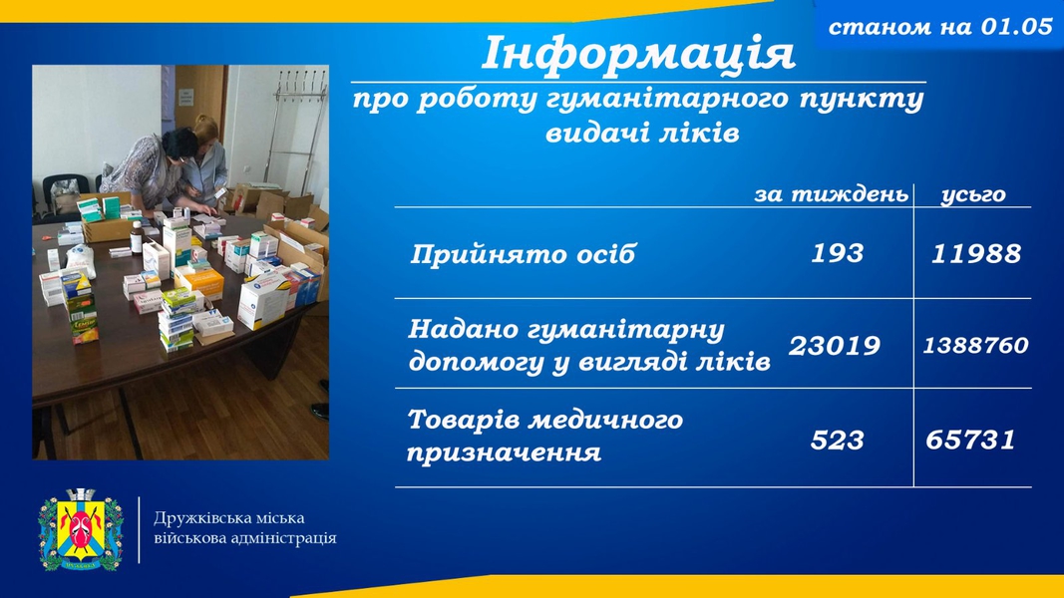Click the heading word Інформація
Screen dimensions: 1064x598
tap(637, 54)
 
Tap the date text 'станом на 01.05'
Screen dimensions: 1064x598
tap(940, 27)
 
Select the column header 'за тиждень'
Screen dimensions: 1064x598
tap(831, 194)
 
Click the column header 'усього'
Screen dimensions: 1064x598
tap(973, 194)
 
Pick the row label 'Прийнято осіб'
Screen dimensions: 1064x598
tap(523, 254)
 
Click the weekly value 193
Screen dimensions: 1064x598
tap(838, 253)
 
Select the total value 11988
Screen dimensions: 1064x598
tap(976, 253)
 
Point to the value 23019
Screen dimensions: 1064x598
tap(834, 346)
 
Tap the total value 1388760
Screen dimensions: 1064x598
tap(975, 345)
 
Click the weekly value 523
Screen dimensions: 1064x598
tap(837, 440)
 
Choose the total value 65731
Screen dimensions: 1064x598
tap(970, 440)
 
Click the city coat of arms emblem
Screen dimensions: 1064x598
tap(81, 529)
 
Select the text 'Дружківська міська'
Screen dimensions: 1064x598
tap(229, 518)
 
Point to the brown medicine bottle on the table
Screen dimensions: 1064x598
tap(137, 238)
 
